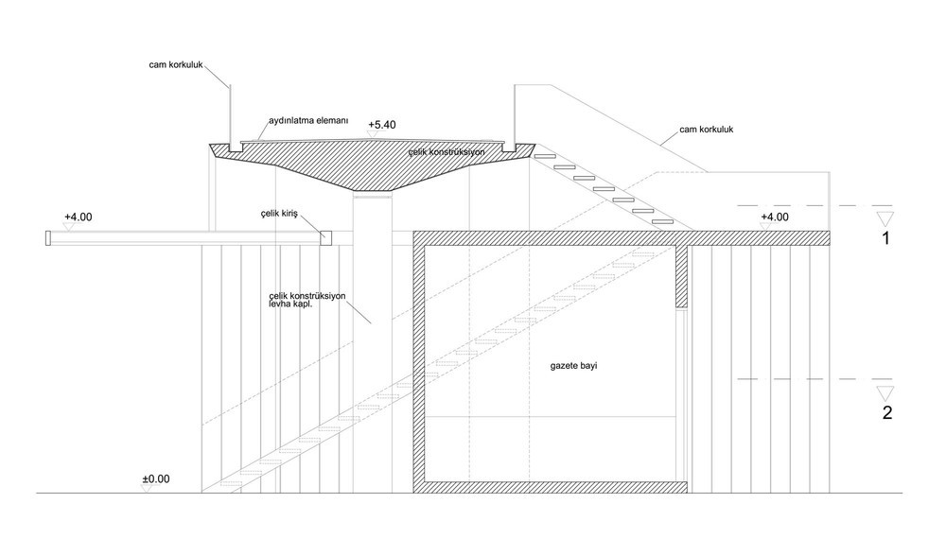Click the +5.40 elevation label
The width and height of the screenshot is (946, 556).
[x=382, y=125]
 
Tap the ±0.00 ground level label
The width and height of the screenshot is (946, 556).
[x=156, y=478]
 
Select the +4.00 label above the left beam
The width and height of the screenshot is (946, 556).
[x=79, y=217]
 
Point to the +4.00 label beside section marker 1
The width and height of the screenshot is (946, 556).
[x=775, y=217]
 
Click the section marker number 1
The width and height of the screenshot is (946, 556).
[x=885, y=239]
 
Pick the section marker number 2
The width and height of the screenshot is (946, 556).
[x=887, y=413]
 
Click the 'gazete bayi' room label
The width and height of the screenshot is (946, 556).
[x=574, y=366]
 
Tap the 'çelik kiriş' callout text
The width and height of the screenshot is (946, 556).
[x=279, y=214]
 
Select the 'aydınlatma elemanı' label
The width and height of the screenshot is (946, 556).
[x=308, y=121]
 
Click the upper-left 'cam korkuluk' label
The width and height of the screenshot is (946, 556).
[x=176, y=64]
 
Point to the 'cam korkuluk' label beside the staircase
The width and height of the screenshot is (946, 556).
[x=707, y=129]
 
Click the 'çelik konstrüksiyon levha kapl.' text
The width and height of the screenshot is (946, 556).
[x=307, y=300]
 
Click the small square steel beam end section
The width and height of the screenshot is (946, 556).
[x=325, y=238]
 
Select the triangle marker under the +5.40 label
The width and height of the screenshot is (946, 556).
[x=372, y=134]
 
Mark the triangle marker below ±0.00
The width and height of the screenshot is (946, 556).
[x=147, y=489]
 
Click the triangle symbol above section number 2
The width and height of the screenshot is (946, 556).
[x=885, y=393]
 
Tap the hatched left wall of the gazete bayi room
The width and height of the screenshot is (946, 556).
[x=419, y=362]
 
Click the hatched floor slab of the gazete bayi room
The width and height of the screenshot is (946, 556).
[x=551, y=487]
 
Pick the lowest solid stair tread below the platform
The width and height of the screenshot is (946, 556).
[x=663, y=222]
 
